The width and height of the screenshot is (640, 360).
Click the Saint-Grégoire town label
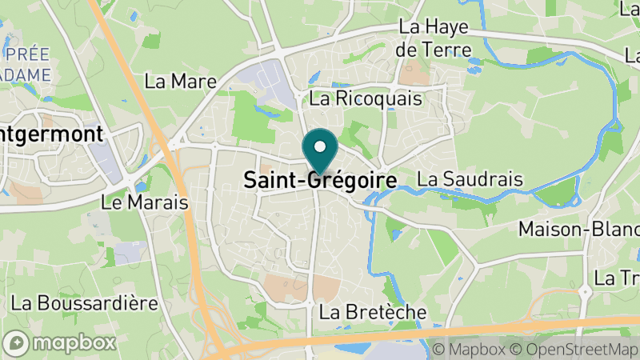tap(319, 182)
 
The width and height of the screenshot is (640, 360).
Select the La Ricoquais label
tap(365, 99)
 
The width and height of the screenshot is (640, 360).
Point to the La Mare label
tap(170, 81)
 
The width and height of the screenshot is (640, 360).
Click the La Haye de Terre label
tap(433, 38)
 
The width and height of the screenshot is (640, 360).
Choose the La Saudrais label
tap(470, 178)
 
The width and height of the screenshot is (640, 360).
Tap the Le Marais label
tap(145, 202)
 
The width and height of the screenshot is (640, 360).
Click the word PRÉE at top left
tap(27, 55)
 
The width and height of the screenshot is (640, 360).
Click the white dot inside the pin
tap(320, 146)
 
